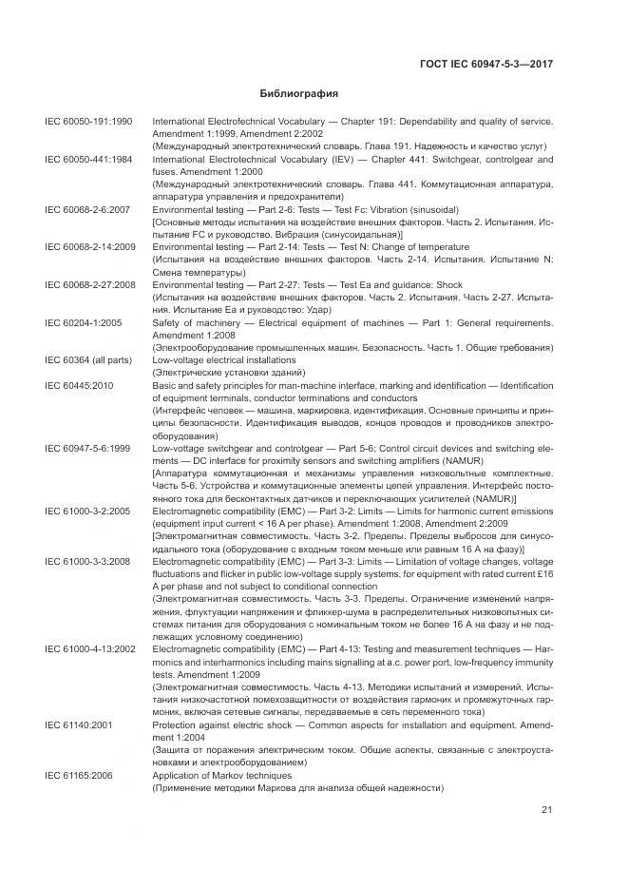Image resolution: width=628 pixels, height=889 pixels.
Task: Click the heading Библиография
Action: tap(299, 94)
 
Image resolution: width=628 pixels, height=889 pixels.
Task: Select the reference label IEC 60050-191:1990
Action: tap(88, 124)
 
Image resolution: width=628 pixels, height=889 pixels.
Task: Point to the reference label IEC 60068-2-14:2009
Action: tap(91, 247)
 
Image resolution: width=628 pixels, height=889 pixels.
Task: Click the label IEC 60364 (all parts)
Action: tap(88, 360)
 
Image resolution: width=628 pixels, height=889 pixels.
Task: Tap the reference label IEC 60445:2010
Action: tap(79, 385)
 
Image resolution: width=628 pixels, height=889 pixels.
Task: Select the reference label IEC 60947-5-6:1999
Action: tap(88, 447)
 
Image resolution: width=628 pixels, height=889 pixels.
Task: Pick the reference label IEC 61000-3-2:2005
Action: tap(88, 511)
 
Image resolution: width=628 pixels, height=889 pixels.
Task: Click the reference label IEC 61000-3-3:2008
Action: tap(88, 562)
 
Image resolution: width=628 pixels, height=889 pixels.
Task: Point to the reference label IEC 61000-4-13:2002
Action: tap(91, 648)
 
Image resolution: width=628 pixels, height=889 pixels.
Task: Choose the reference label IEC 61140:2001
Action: tap(79, 725)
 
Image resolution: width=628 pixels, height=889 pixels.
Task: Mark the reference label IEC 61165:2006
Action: tap(79, 776)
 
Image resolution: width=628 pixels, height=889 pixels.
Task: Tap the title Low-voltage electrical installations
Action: tap(224, 360)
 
